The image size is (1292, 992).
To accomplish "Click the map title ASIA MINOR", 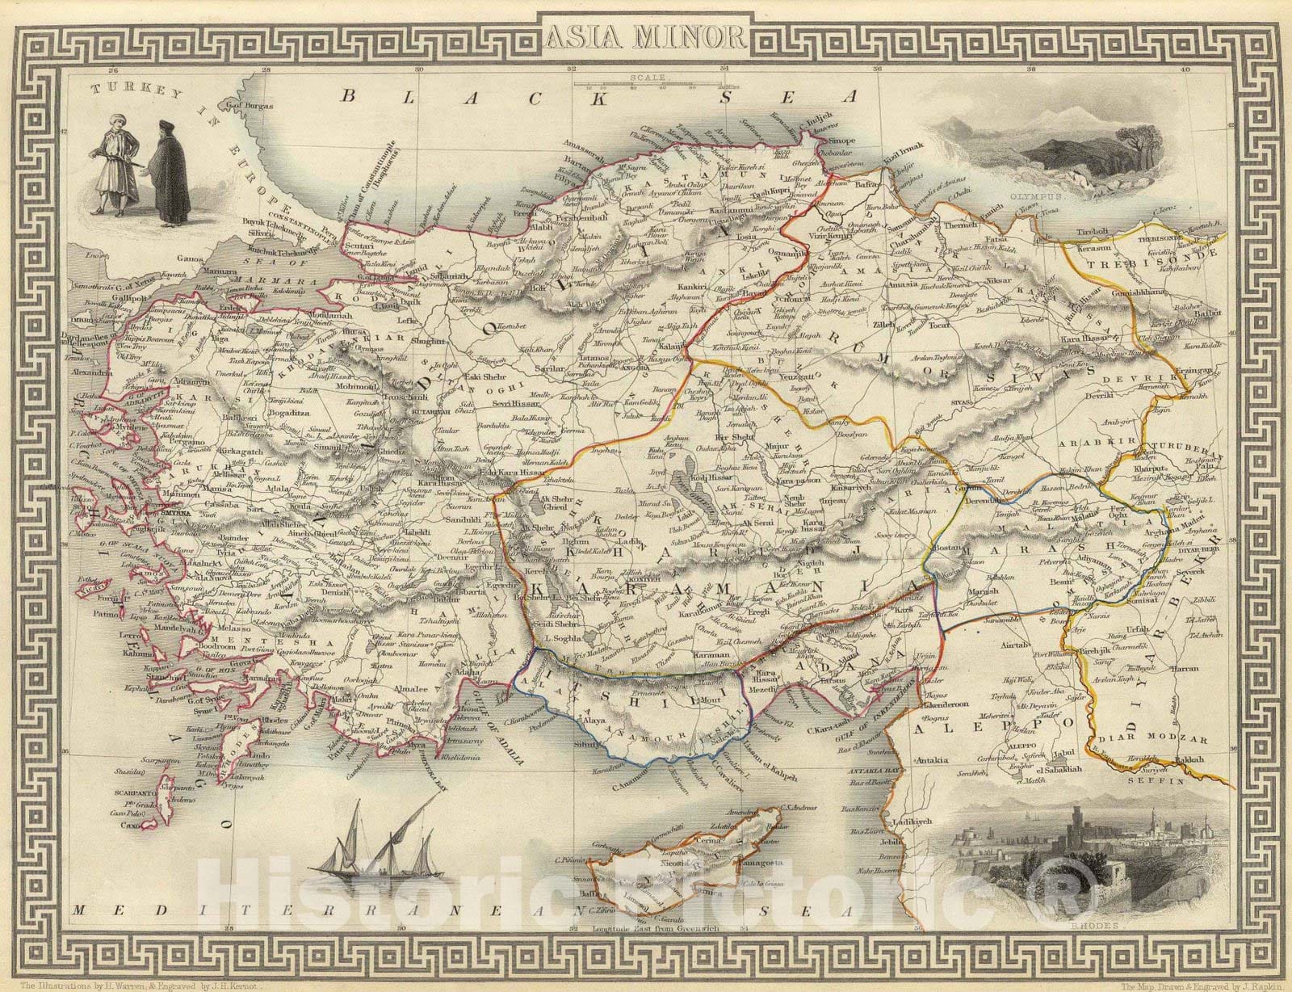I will click(646, 35).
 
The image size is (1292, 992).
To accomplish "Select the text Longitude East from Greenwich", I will click(655, 951).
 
